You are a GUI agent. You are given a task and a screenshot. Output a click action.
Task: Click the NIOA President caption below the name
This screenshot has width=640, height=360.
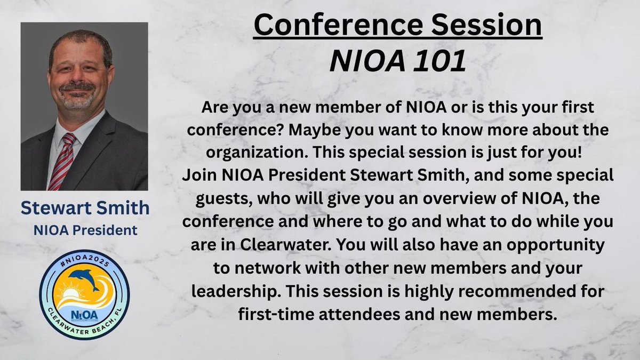pos(85,230)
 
